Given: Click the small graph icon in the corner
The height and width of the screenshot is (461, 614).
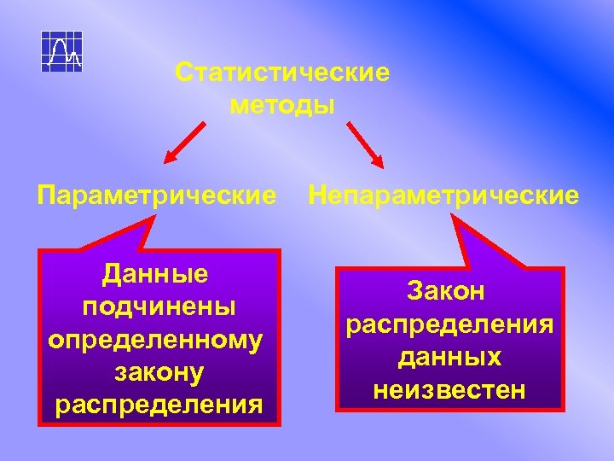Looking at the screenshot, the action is [62, 52].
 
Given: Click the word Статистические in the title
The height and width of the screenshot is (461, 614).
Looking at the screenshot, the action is [282, 73].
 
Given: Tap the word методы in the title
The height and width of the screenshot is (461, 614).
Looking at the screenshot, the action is [282, 106].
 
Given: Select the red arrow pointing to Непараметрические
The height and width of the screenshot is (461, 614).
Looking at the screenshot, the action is [365, 143].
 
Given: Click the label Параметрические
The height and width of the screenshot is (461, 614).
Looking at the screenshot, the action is [156, 196].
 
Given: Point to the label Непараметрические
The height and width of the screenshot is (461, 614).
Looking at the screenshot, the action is [443, 196].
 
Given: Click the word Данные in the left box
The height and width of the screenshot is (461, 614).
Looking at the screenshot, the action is [155, 274].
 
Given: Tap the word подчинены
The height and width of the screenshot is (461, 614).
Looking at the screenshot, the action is [159, 306].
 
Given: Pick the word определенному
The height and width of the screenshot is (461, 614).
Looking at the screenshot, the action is [155, 339].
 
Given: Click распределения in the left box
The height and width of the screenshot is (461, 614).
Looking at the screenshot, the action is [159, 403].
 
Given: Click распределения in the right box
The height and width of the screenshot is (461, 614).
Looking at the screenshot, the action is [449, 324].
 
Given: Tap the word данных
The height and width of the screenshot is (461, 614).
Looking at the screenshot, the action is [449, 357].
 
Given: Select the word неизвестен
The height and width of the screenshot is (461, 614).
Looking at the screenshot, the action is [449, 390].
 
